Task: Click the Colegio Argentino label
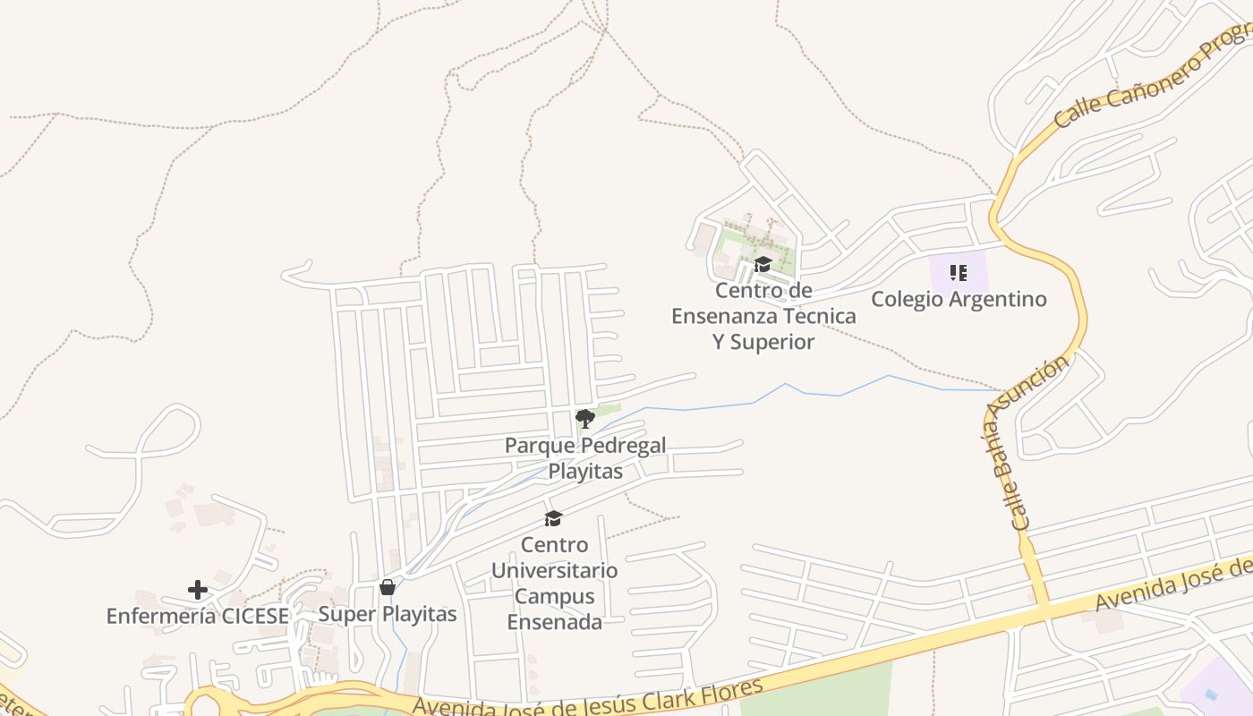959,299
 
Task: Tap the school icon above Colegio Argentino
959,273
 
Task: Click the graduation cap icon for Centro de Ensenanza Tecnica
763,264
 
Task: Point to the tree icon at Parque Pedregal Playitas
584,418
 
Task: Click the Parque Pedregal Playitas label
585,458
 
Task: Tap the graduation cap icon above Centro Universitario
554,518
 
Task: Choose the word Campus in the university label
554,596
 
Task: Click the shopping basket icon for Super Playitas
388,587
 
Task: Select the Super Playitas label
388,614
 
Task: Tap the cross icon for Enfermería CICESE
198,590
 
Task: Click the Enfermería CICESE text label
198,616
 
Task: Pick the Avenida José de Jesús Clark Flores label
587,699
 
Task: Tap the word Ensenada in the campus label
554,622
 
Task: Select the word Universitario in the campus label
554,570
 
